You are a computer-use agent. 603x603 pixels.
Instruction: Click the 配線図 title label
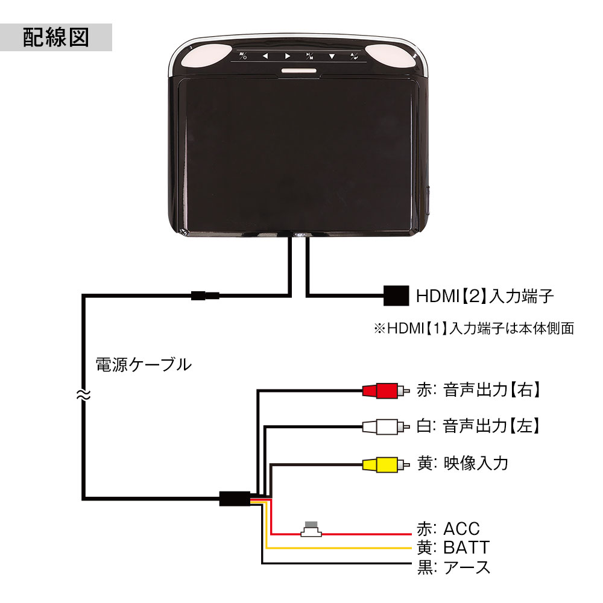56,37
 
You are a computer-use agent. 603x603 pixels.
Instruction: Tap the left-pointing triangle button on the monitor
264,57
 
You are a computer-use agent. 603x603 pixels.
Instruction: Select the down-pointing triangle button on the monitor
332,57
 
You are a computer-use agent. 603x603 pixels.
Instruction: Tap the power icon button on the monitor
242,57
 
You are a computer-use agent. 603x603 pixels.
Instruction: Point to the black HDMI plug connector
396,295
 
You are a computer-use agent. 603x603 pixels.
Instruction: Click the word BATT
466,548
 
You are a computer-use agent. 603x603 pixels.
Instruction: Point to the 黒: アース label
453,567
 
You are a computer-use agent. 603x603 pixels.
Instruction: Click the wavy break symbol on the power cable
83,396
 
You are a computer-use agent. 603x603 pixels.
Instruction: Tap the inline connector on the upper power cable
204,295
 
